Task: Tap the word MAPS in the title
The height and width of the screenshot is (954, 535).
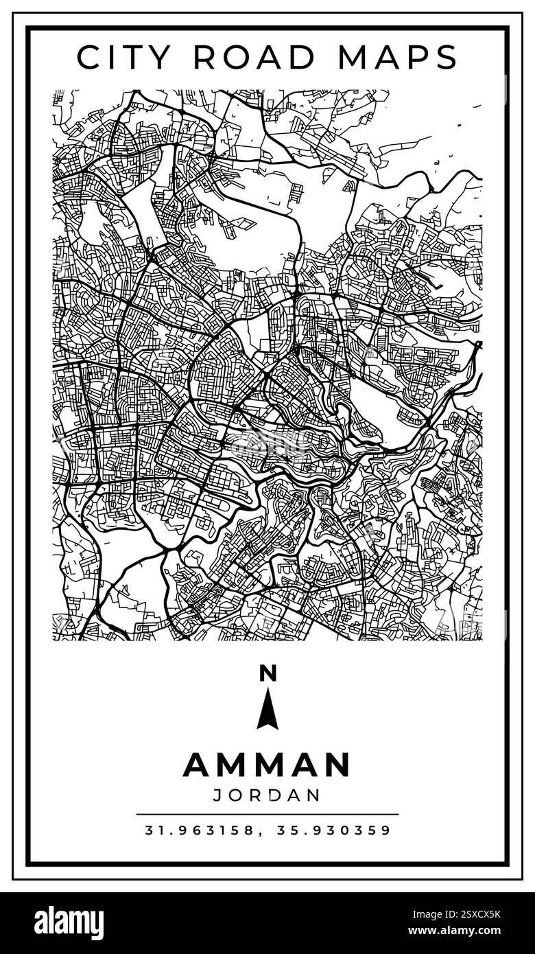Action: [402, 58]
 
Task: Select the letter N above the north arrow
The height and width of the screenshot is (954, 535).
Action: [267, 674]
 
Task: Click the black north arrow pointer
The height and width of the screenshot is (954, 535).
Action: [267, 710]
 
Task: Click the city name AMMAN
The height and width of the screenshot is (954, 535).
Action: [267, 765]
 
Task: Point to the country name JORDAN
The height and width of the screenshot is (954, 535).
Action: [267, 795]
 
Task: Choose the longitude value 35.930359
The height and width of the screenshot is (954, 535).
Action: [334, 830]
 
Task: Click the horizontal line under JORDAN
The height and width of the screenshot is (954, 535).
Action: [267, 815]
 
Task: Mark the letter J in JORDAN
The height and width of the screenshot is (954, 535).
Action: [217, 795]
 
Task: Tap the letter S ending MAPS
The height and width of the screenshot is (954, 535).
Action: [447, 58]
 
